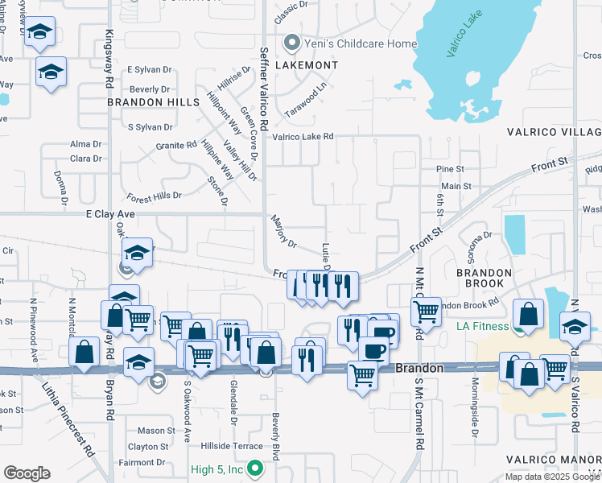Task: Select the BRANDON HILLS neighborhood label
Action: tap(153, 102)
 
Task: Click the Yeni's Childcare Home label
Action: tap(348, 43)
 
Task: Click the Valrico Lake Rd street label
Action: tap(303, 137)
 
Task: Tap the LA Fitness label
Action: tap(483, 326)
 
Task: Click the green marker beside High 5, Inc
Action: tap(255, 467)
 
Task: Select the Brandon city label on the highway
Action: tap(420, 367)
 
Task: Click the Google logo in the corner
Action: tap(27, 473)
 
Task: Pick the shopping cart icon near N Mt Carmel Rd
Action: tap(425, 311)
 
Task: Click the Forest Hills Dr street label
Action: tap(155, 196)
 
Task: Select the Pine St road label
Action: tap(450, 169)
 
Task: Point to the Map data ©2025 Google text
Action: tap(552, 477)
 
